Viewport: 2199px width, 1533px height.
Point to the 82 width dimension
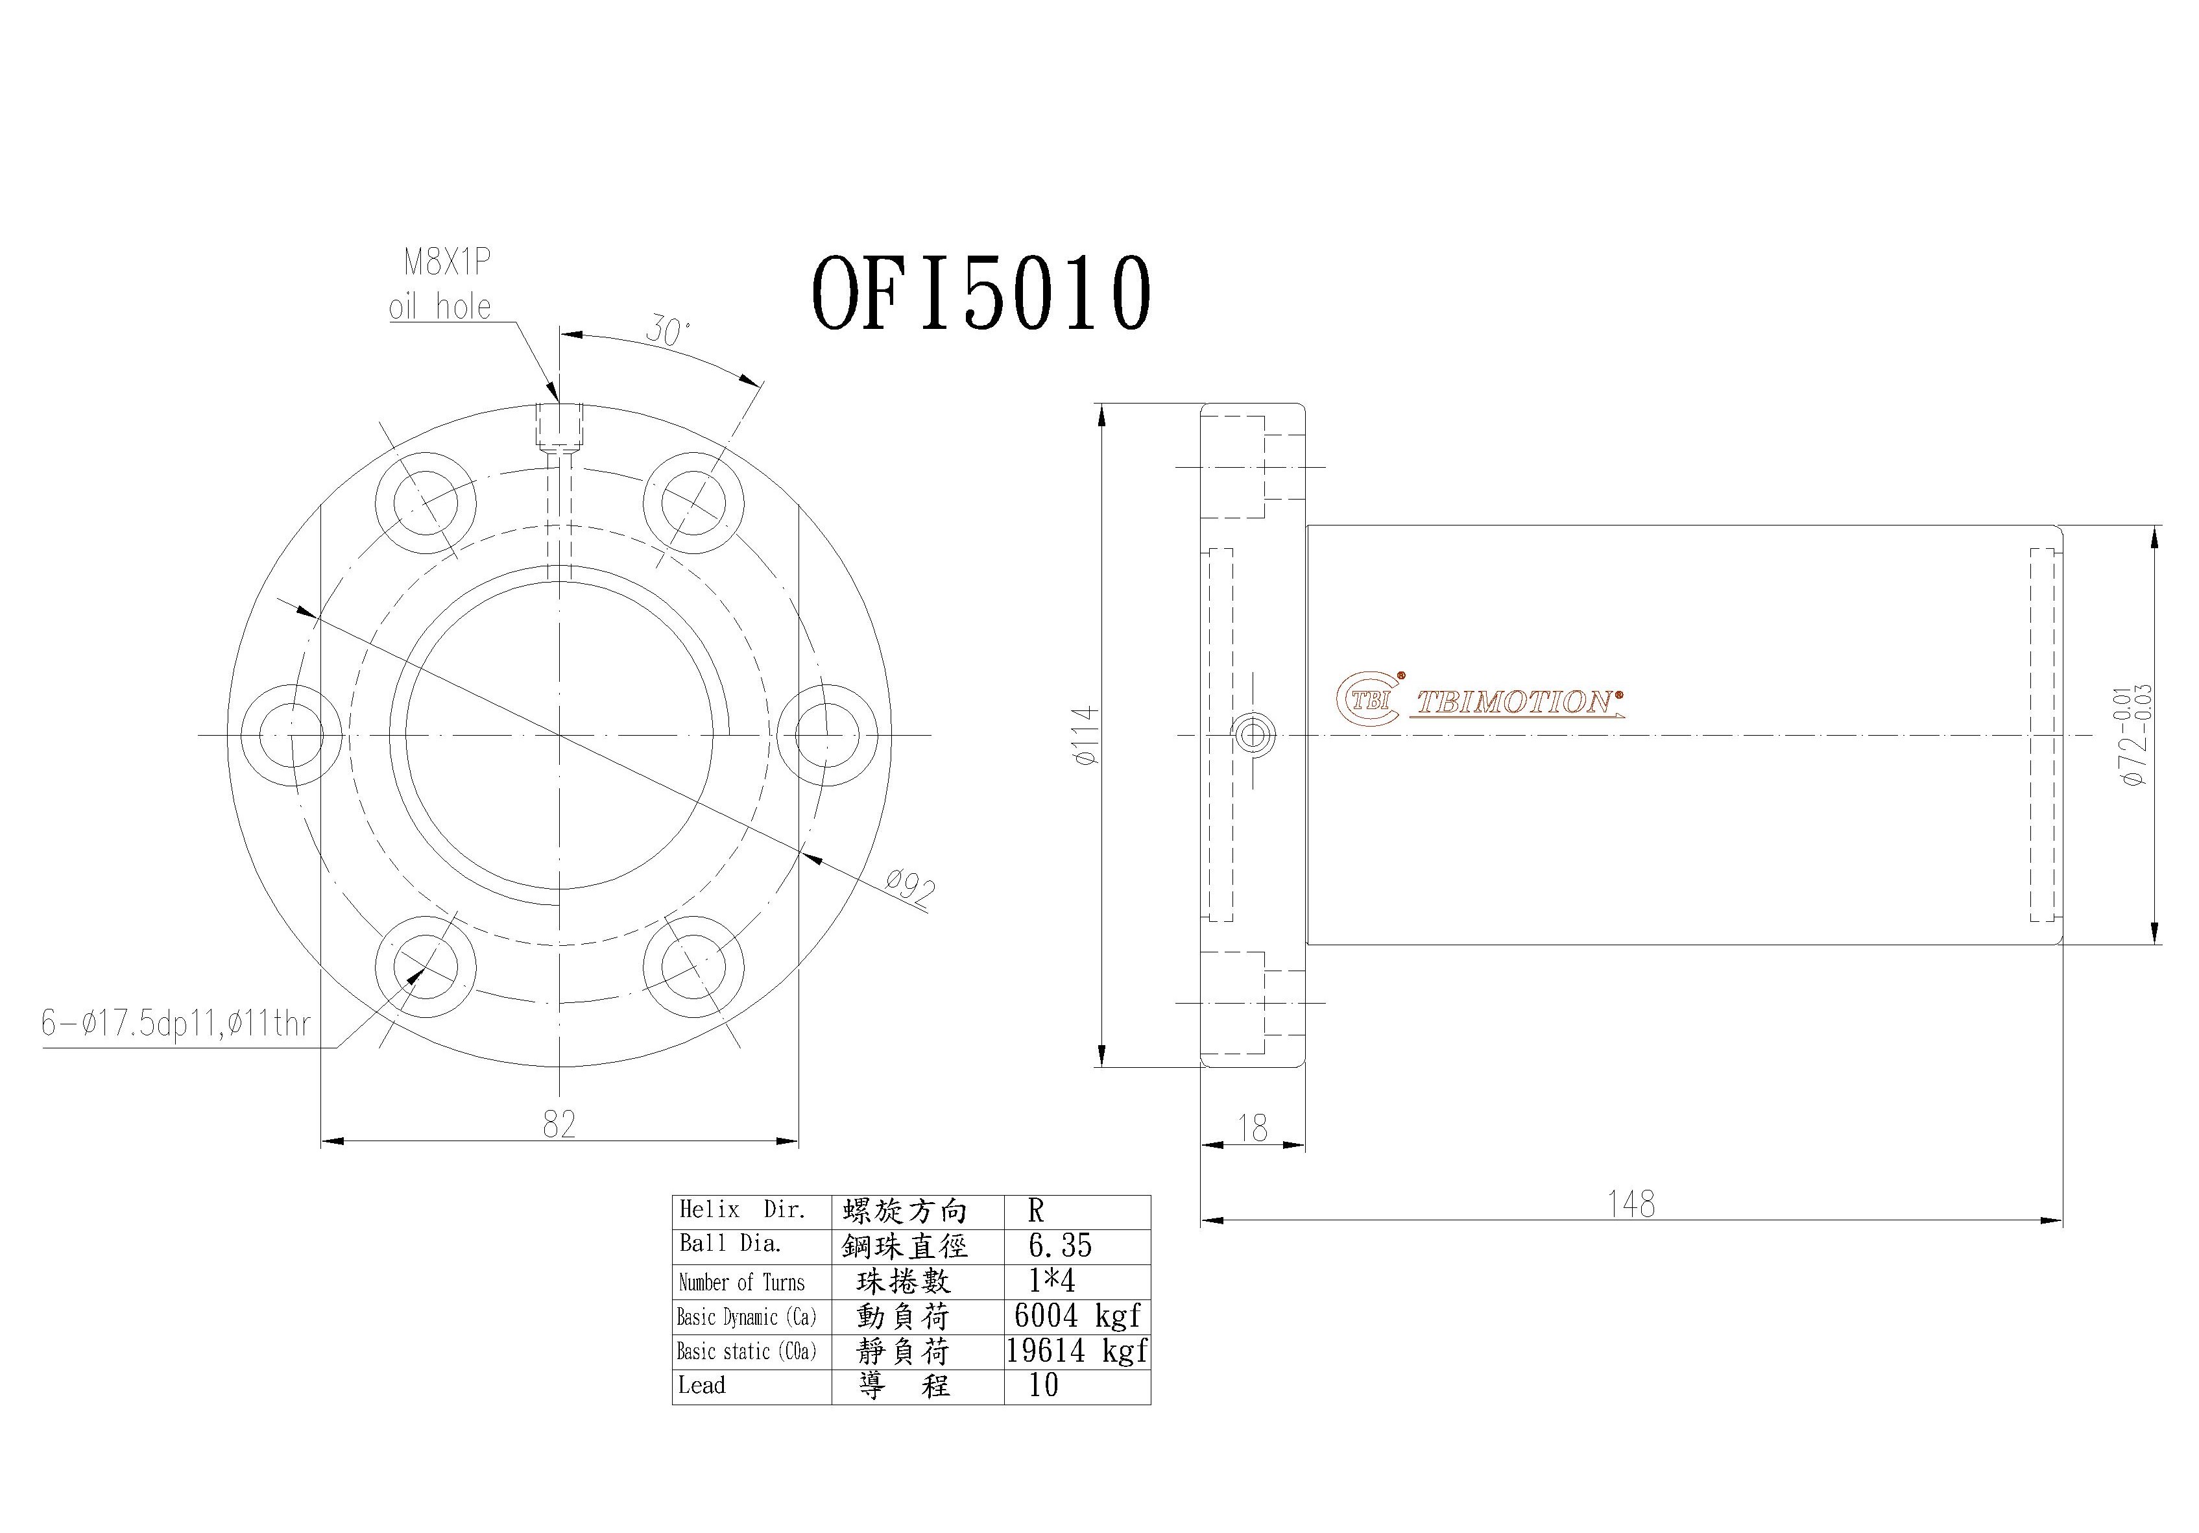(x=559, y=1124)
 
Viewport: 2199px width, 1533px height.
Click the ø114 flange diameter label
(x=1085, y=735)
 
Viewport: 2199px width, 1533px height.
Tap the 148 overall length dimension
(x=1630, y=1203)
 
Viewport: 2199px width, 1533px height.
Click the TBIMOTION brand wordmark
(x=1515, y=703)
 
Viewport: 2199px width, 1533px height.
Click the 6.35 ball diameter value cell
(x=1059, y=1246)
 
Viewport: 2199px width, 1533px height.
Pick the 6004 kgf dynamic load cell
(x=1077, y=1316)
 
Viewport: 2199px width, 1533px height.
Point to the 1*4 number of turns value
(x=1051, y=1281)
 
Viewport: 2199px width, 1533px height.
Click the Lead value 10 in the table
(x=1043, y=1386)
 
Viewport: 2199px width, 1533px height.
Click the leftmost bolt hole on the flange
(x=290, y=735)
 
